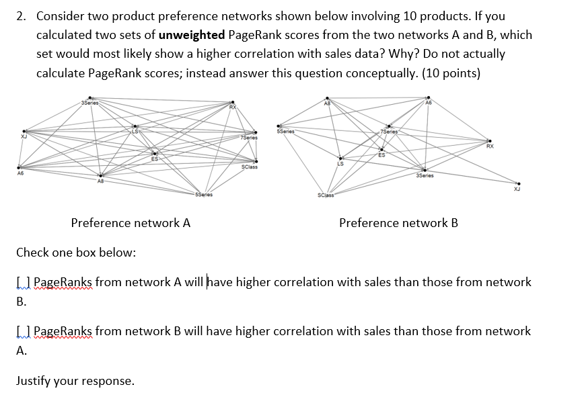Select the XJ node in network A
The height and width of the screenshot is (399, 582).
pyautogui.click(x=24, y=132)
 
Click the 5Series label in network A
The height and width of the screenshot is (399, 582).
pyautogui.click(x=203, y=195)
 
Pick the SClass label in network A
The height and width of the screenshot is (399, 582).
pyautogui.click(x=249, y=167)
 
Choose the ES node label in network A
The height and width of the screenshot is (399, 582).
pyautogui.click(x=155, y=160)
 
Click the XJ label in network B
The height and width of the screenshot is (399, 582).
pyautogui.click(x=517, y=189)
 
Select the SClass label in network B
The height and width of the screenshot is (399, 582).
pyautogui.click(x=325, y=195)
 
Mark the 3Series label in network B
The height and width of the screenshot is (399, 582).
pyautogui.click(x=425, y=176)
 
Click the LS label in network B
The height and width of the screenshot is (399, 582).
pyautogui.click(x=340, y=164)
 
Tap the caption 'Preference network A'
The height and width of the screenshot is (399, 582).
pyautogui.click(x=131, y=223)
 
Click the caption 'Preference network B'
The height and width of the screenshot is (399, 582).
pyautogui.click(x=398, y=223)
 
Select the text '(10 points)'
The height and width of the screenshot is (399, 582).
pyautogui.click(x=450, y=73)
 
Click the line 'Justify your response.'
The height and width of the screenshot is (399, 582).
pyautogui.click(x=75, y=381)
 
